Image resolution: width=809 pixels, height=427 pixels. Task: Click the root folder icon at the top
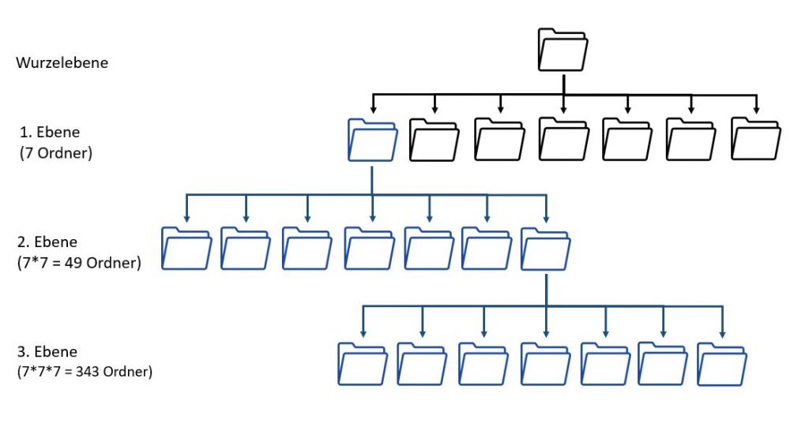563,49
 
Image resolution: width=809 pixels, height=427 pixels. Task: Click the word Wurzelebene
62,63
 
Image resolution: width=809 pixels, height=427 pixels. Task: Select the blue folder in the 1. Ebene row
372,140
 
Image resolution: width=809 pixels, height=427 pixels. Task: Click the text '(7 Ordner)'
55,153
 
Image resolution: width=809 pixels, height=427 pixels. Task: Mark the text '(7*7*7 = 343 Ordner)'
84,371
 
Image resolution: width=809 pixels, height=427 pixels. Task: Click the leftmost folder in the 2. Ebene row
186,249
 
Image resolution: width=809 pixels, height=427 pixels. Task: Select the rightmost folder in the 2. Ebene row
546,249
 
